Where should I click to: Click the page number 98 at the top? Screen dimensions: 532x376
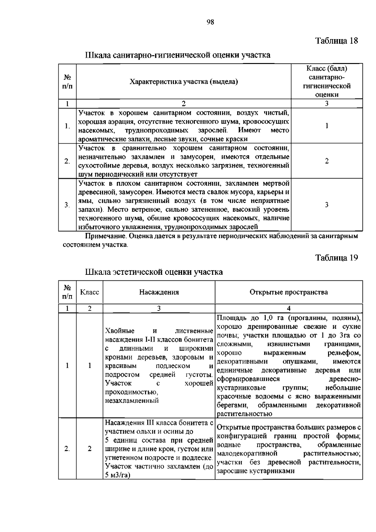210,22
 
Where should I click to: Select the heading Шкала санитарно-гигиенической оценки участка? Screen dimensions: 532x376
178,55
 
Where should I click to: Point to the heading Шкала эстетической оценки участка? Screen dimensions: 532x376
154,272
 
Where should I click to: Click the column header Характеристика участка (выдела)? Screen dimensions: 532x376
184,82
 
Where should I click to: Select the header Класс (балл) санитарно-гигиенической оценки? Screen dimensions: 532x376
326,82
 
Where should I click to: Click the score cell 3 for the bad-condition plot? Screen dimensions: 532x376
326,205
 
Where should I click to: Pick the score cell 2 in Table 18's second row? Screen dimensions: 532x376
326,161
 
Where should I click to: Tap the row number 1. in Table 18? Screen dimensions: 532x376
67,126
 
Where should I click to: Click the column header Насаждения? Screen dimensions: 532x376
159,292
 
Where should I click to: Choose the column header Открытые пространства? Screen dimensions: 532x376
289,292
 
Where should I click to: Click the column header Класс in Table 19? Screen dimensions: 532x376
90,292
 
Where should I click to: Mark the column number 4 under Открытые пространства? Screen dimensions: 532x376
289,308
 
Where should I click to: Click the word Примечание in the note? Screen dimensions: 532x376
101,236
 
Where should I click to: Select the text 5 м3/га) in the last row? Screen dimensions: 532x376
118,475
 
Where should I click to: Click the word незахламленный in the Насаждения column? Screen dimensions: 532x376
132,401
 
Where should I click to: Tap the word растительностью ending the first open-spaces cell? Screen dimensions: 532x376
244,414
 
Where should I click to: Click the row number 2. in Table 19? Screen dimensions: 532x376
67,449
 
